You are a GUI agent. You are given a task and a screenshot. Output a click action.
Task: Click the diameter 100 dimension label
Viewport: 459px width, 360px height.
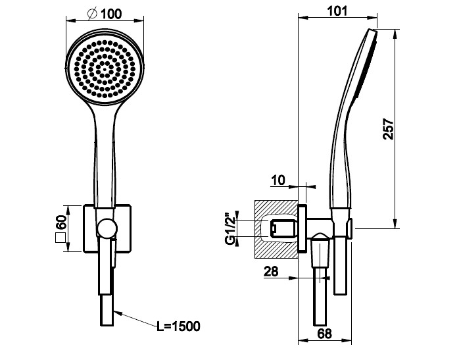click(105, 14)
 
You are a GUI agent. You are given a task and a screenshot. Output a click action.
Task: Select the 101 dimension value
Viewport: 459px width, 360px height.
click(337, 11)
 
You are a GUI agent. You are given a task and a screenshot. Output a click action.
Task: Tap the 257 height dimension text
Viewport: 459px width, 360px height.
click(389, 129)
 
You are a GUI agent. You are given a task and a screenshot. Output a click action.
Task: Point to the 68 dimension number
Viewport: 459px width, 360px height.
click(324, 334)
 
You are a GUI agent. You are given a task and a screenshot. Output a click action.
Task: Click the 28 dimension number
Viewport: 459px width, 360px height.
click(271, 271)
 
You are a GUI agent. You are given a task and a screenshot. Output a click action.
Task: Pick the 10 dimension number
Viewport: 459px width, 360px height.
click(278, 180)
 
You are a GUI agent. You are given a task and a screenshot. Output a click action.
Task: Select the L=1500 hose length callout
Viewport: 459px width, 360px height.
click(178, 326)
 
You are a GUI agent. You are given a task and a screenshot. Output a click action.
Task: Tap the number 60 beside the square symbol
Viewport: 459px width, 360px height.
click(61, 222)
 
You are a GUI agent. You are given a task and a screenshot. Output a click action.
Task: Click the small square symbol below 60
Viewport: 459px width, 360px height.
click(60, 238)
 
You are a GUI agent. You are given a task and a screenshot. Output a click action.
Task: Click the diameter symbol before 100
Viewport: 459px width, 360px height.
click(92, 14)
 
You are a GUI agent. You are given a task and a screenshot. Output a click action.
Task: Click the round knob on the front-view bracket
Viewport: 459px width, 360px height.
click(107, 228)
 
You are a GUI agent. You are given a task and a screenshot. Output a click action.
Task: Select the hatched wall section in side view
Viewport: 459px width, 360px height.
click(276, 229)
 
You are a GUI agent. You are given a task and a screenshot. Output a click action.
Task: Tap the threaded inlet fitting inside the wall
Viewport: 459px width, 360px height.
click(283, 228)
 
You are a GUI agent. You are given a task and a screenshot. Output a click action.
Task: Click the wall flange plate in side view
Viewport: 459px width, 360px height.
click(302, 228)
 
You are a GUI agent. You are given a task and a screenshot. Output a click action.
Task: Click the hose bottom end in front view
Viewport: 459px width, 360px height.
click(107, 325)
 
